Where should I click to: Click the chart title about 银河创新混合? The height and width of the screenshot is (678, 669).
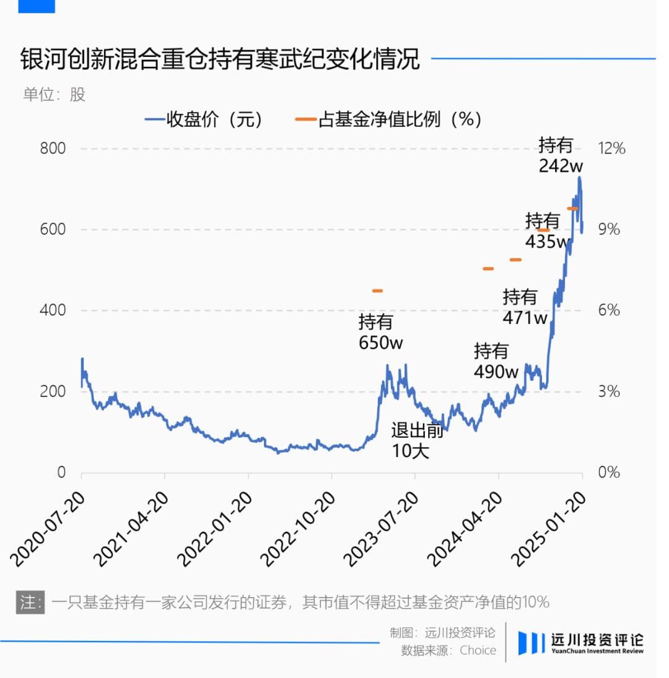(220, 60)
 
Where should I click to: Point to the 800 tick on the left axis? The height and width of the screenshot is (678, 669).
(53, 149)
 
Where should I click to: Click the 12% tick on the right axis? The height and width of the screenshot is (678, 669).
(611, 149)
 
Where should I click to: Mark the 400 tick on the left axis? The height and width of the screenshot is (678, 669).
(53, 310)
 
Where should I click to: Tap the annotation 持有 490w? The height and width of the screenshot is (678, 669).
(496, 362)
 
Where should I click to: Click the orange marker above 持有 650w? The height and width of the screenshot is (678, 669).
(377, 290)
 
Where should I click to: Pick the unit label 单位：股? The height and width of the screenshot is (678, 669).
(55, 95)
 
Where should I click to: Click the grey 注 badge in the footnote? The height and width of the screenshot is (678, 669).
(30, 602)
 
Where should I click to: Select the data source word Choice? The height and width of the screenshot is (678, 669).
(478, 650)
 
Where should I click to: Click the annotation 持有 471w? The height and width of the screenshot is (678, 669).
(525, 307)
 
